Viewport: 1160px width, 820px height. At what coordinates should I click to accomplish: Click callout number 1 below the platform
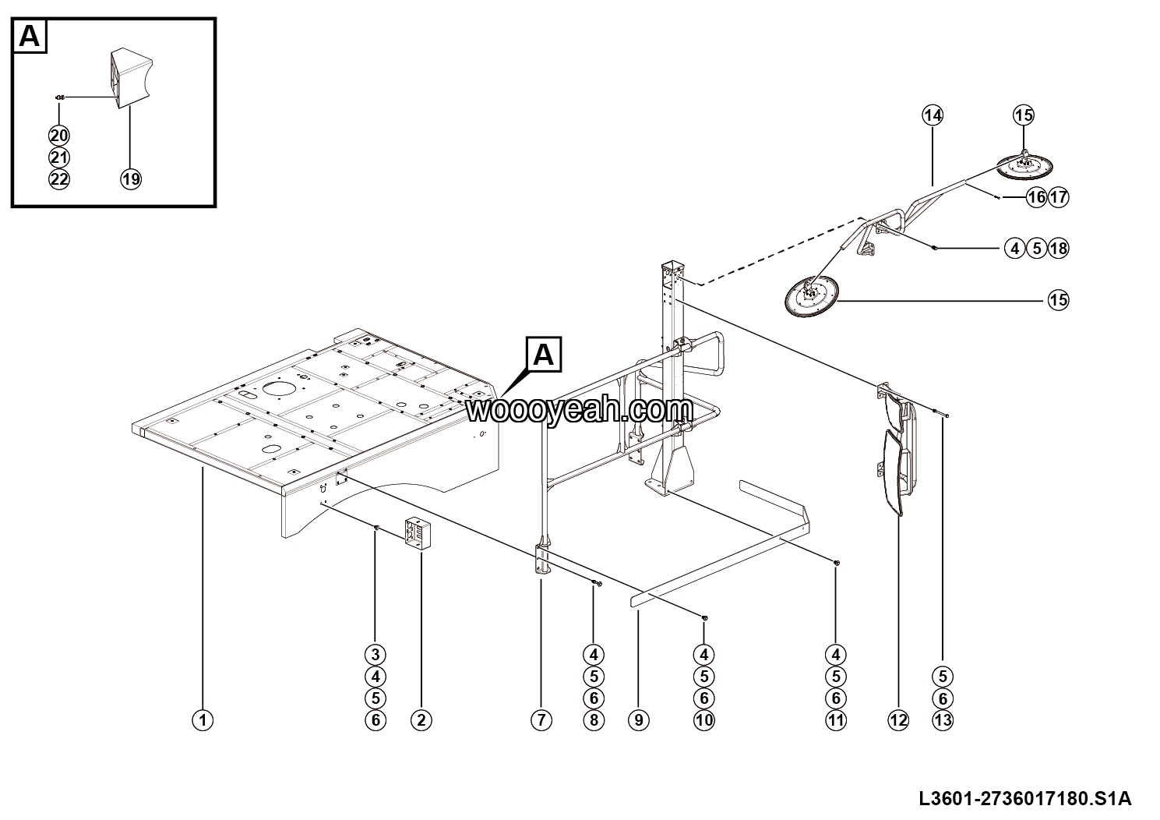click(203, 720)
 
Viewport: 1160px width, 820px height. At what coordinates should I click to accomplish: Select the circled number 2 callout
click(421, 720)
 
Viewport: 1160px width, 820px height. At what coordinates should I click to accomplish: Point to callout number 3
click(376, 654)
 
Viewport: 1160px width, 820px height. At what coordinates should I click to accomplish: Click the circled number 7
click(541, 720)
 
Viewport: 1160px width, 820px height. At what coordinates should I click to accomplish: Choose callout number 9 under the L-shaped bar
click(638, 720)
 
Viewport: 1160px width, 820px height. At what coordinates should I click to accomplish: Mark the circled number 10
click(703, 720)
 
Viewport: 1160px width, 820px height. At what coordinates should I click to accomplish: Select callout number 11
click(836, 720)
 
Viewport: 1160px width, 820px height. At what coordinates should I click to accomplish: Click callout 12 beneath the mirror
click(898, 720)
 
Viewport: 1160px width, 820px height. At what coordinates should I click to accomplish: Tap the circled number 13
click(943, 720)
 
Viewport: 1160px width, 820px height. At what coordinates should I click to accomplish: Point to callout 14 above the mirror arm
click(933, 115)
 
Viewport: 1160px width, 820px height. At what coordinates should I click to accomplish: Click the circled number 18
click(1058, 249)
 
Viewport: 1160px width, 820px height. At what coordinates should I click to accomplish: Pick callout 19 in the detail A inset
click(131, 178)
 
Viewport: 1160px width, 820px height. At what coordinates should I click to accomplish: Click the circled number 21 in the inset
click(59, 157)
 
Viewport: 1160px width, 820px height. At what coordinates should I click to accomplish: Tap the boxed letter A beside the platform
click(544, 355)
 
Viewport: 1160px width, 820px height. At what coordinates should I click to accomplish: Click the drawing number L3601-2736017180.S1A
click(1025, 799)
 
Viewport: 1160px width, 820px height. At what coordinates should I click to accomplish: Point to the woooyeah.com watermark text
click(579, 409)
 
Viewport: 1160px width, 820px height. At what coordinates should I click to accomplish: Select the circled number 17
click(1058, 197)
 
